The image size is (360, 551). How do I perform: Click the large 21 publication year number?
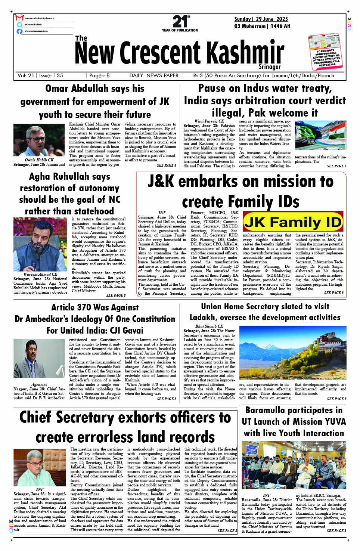pyautogui.click(x=180, y=21)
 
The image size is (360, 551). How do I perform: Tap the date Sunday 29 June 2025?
pyautogui.click(x=261, y=19)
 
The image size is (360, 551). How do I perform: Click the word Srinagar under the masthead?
pyautogui.click(x=270, y=67)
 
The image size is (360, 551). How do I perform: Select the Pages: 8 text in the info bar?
pyautogui.click(x=97, y=75)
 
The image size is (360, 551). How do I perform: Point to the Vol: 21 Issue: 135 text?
pyautogui.click(x=40, y=75)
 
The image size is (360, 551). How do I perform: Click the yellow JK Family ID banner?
pyautogui.click(x=293, y=222)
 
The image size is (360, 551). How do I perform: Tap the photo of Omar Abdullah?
pyautogui.click(x=39, y=140)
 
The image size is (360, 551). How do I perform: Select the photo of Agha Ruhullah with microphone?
pyautogui.click(x=40, y=244)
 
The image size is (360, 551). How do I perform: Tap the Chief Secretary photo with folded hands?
pyautogui.click(x=40, y=467)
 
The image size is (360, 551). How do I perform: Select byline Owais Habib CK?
pyautogui.click(x=39, y=160)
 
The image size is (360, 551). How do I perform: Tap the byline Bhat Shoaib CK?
pyautogui.click(x=209, y=326)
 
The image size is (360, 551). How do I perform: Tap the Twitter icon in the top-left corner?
pyautogui.click(x=19, y=25)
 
